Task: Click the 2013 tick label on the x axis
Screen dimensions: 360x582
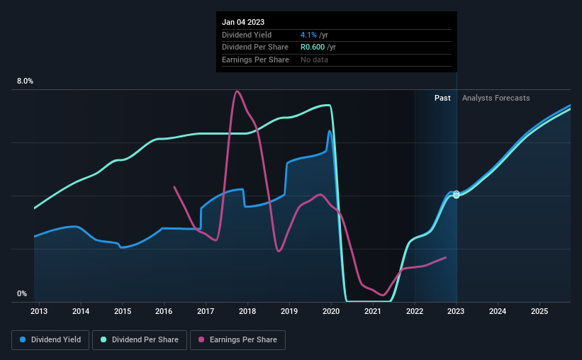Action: click(39, 311)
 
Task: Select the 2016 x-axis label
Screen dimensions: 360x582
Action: click(164, 311)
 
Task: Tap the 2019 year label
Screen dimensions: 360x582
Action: click(289, 311)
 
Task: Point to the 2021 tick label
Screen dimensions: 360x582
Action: click(373, 311)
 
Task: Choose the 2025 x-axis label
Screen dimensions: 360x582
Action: click(539, 311)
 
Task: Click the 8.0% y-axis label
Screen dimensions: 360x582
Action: click(25, 81)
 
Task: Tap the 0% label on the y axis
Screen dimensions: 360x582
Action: click(21, 294)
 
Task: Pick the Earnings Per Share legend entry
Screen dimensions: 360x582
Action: click(238, 340)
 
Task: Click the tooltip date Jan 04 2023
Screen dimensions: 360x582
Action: click(242, 21)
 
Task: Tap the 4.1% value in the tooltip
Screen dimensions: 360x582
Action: click(308, 35)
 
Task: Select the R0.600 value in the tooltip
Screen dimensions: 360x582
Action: click(314, 47)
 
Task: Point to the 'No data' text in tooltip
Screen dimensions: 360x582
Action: click(314, 60)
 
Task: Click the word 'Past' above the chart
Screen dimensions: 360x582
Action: click(442, 99)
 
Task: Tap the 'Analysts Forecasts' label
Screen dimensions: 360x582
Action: click(496, 99)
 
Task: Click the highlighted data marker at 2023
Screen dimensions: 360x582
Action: click(457, 194)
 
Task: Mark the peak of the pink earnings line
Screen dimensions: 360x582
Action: click(237, 91)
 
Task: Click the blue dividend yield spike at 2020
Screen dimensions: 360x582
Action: click(330, 131)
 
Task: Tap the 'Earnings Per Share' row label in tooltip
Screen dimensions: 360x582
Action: click(255, 60)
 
